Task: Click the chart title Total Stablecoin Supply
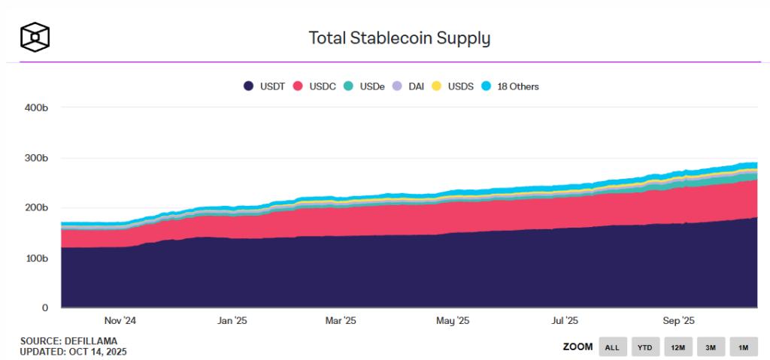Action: pyautogui.click(x=399, y=38)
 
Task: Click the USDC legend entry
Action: pyautogui.click(x=316, y=86)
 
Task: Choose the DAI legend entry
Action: pyautogui.click(x=409, y=86)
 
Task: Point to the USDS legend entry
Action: pyautogui.click(x=453, y=86)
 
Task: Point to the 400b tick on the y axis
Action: pyautogui.click(x=36, y=107)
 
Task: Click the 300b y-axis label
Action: pyautogui.click(x=36, y=159)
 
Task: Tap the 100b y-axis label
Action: pyautogui.click(x=36, y=259)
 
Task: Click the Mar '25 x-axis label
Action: pyautogui.click(x=340, y=320)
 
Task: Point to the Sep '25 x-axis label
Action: pyautogui.click(x=678, y=320)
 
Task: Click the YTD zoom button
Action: pyautogui.click(x=645, y=346)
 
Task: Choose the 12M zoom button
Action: pyautogui.click(x=678, y=346)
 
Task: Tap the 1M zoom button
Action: pyautogui.click(x=742, y=346)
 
